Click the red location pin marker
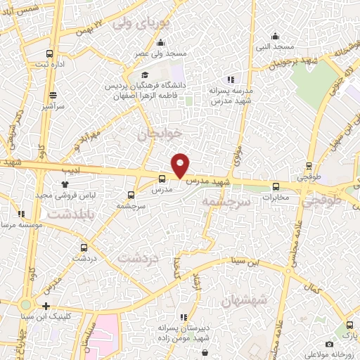coord(181,165)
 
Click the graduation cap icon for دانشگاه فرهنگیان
coord(145,75)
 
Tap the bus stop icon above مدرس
coord(162,179)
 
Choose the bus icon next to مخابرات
coord(276,186)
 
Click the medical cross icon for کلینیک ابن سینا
coord(46,306)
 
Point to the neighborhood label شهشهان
coord(243,302)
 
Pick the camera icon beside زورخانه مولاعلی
coord(329,344)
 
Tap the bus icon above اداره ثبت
coord(49,53)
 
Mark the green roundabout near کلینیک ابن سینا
coord(26,305)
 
